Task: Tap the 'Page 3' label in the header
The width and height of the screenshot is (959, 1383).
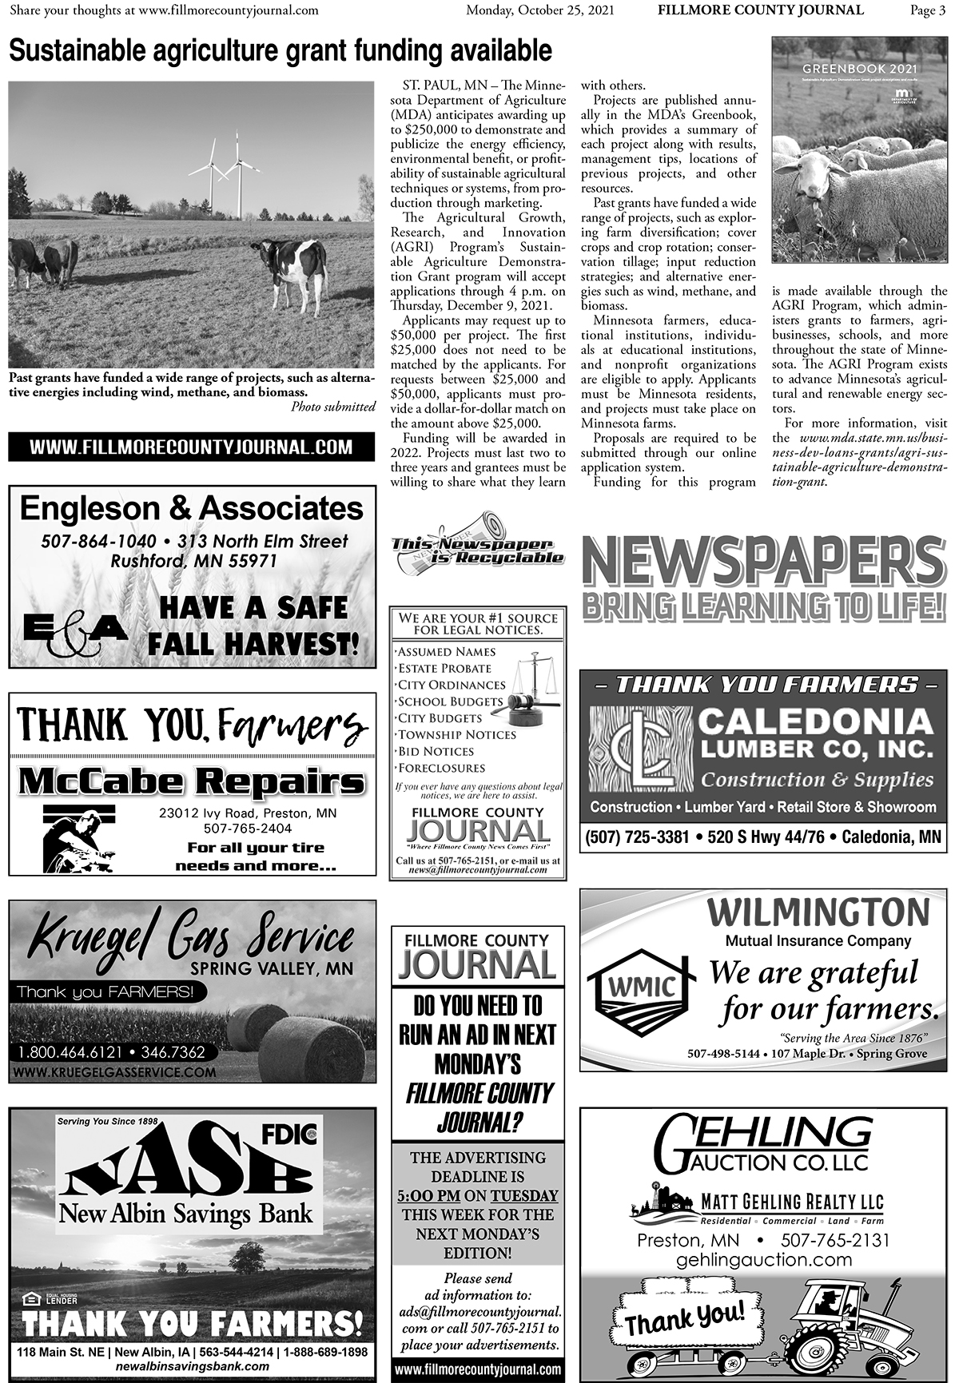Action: pyautogui.click(x=927, y=10)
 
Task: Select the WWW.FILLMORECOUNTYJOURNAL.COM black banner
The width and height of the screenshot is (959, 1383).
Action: pyautogui.click(x=192, y=447)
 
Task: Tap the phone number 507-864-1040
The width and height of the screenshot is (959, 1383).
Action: pyautogui.click(x=98, y=542)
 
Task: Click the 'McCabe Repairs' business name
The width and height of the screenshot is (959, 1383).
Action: pyautogui.click(x=192, y=781)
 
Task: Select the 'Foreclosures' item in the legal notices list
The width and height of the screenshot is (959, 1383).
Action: pyautogui.click(x=442, y=768)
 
